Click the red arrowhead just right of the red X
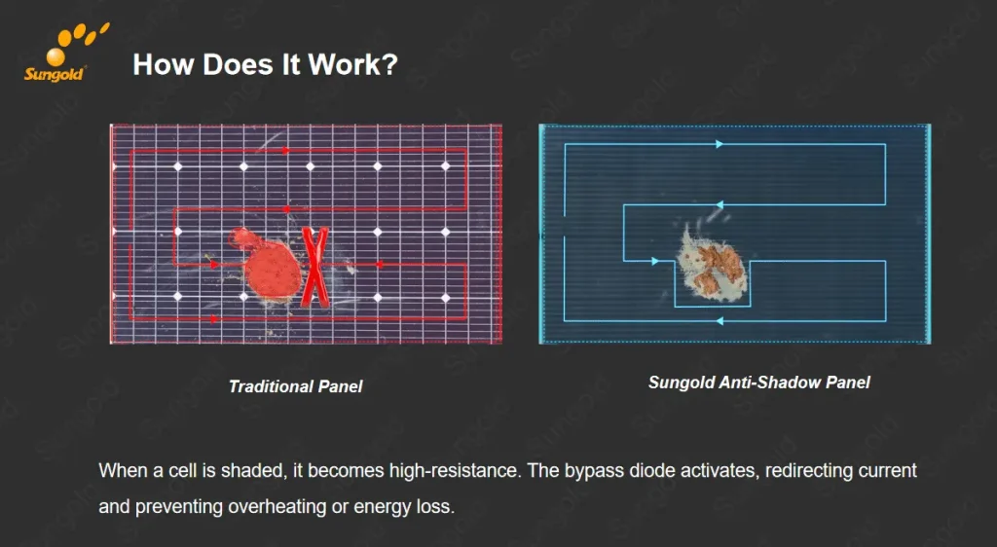tap(380, 265)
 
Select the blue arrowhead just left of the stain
tap(656, 261)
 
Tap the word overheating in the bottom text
tap(278, 507)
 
